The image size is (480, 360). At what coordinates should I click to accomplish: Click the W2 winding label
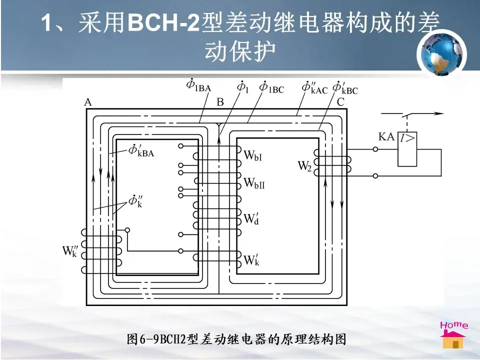305,166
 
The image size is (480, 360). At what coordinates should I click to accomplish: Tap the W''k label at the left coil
70,250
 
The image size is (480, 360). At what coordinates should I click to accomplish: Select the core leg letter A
88,102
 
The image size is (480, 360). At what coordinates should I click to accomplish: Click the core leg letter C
340,102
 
